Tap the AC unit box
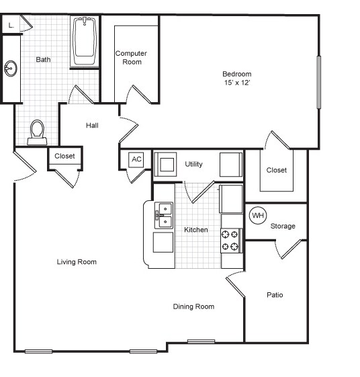[137, 159]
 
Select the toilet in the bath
[38, 132]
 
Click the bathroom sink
[10, 69]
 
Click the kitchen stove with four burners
[231, 241]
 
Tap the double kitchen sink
[163, 215]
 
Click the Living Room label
[77, 262]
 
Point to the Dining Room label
[193, 306]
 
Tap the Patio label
[275, 294]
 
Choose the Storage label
[283, 226]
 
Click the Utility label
[194, 164]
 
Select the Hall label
[93, 125]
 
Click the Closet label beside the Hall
[65, 156]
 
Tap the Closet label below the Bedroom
[276, 170]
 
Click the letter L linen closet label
[10, 25]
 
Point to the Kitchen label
[196, 230]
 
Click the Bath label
[43, 59]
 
